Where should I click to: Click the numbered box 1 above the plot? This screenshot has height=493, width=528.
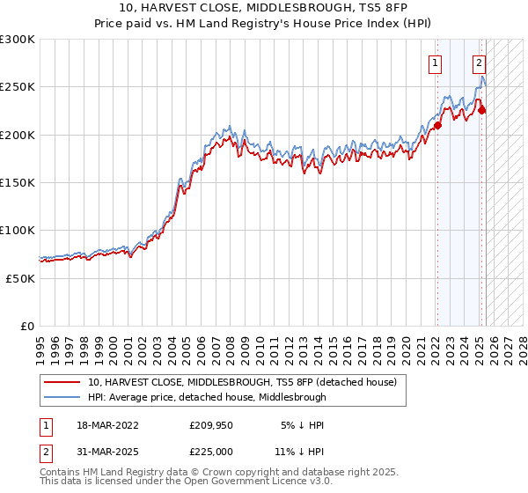coord(436,63)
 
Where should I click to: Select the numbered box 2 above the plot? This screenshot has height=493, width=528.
coord(479,63)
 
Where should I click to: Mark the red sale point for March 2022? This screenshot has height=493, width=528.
coord(437,125)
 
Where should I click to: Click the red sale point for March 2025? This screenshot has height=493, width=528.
coord(481,110)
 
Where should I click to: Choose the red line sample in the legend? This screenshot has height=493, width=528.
coord(62,382)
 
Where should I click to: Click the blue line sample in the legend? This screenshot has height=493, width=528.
coord(62,397)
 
